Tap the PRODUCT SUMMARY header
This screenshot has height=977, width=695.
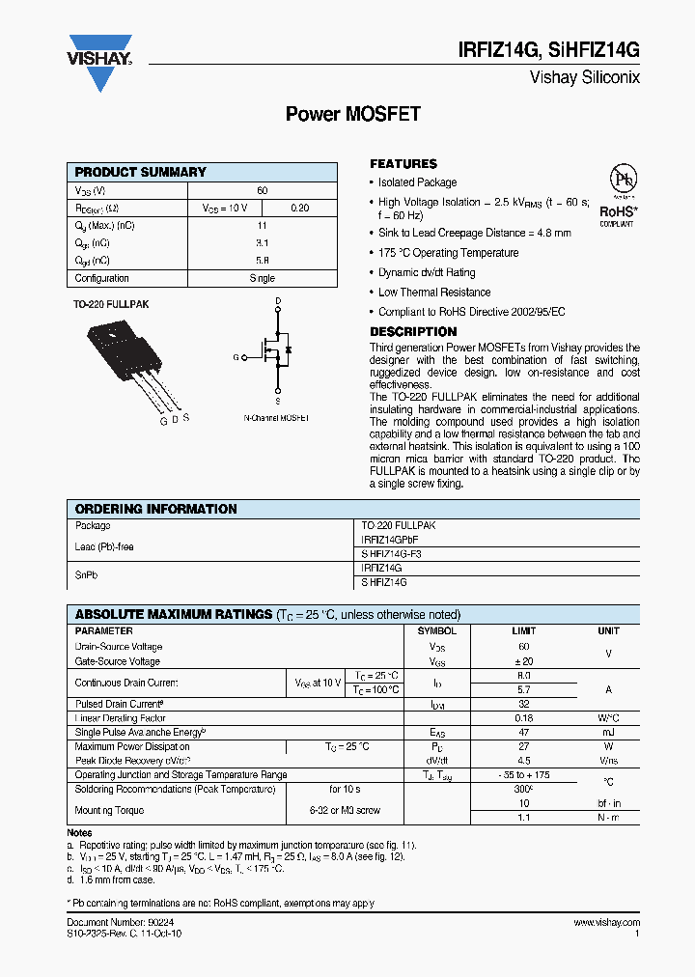click(141, 172)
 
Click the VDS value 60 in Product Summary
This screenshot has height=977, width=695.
click(262, 191)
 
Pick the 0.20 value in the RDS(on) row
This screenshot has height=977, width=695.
click(300, 209)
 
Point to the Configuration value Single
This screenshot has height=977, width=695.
click(262, 278)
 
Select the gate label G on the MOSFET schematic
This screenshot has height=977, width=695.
click(235, 357)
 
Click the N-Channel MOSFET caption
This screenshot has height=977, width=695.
click(276, 418)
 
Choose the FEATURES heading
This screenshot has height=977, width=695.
click(403, 164)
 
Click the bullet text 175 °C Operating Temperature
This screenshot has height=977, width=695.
click(448, 253)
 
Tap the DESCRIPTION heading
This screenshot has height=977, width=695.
click(413, 331)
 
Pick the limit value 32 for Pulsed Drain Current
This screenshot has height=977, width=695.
click(523, 705)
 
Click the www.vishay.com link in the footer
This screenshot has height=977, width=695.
click(606, 923)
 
